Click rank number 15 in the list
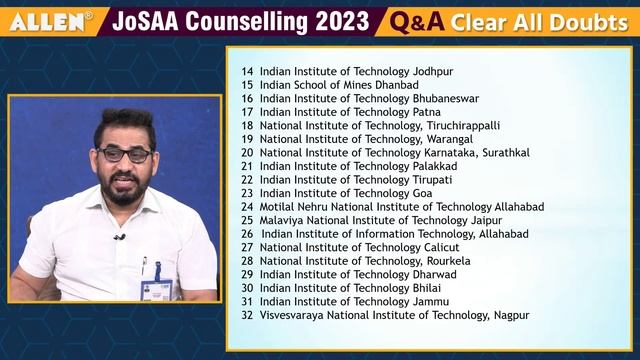[x=247, y=85]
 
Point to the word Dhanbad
[x=367, y=85]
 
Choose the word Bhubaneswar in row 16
[x=445, y=99]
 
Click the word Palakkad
[x=438, y=166]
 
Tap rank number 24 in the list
[x=247, y=207]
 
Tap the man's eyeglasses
[x=125, y=155]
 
